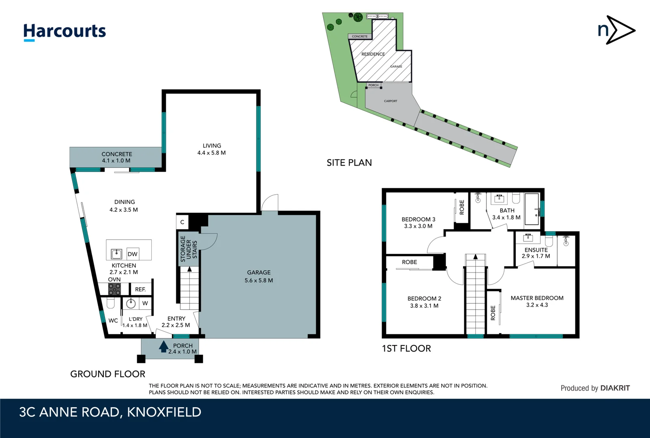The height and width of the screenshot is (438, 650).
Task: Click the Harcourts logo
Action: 64,32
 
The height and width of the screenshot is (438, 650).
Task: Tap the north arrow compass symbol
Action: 616,30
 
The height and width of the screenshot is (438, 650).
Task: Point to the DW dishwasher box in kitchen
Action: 133,254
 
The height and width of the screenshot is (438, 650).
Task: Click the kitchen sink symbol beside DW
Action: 116,254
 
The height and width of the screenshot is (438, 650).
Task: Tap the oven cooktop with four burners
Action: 114,289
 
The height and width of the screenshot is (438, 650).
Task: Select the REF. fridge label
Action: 140,289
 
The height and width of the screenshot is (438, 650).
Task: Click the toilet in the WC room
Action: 111,303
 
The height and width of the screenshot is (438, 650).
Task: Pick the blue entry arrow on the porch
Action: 163,346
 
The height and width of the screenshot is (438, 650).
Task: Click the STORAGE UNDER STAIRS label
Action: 189,249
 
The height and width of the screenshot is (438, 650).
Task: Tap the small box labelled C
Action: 182,222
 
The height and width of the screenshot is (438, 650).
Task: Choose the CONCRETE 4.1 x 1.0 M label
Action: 116,157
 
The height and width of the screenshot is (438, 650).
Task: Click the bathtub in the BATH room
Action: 532,209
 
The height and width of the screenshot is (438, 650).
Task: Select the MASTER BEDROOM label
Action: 537,301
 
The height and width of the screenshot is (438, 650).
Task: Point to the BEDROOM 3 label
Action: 418,223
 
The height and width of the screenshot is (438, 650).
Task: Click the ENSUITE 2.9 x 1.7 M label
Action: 536,253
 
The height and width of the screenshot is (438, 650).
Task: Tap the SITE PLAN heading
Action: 349,163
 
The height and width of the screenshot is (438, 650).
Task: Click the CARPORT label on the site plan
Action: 390,101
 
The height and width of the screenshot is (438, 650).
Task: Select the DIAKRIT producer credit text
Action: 595,388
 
